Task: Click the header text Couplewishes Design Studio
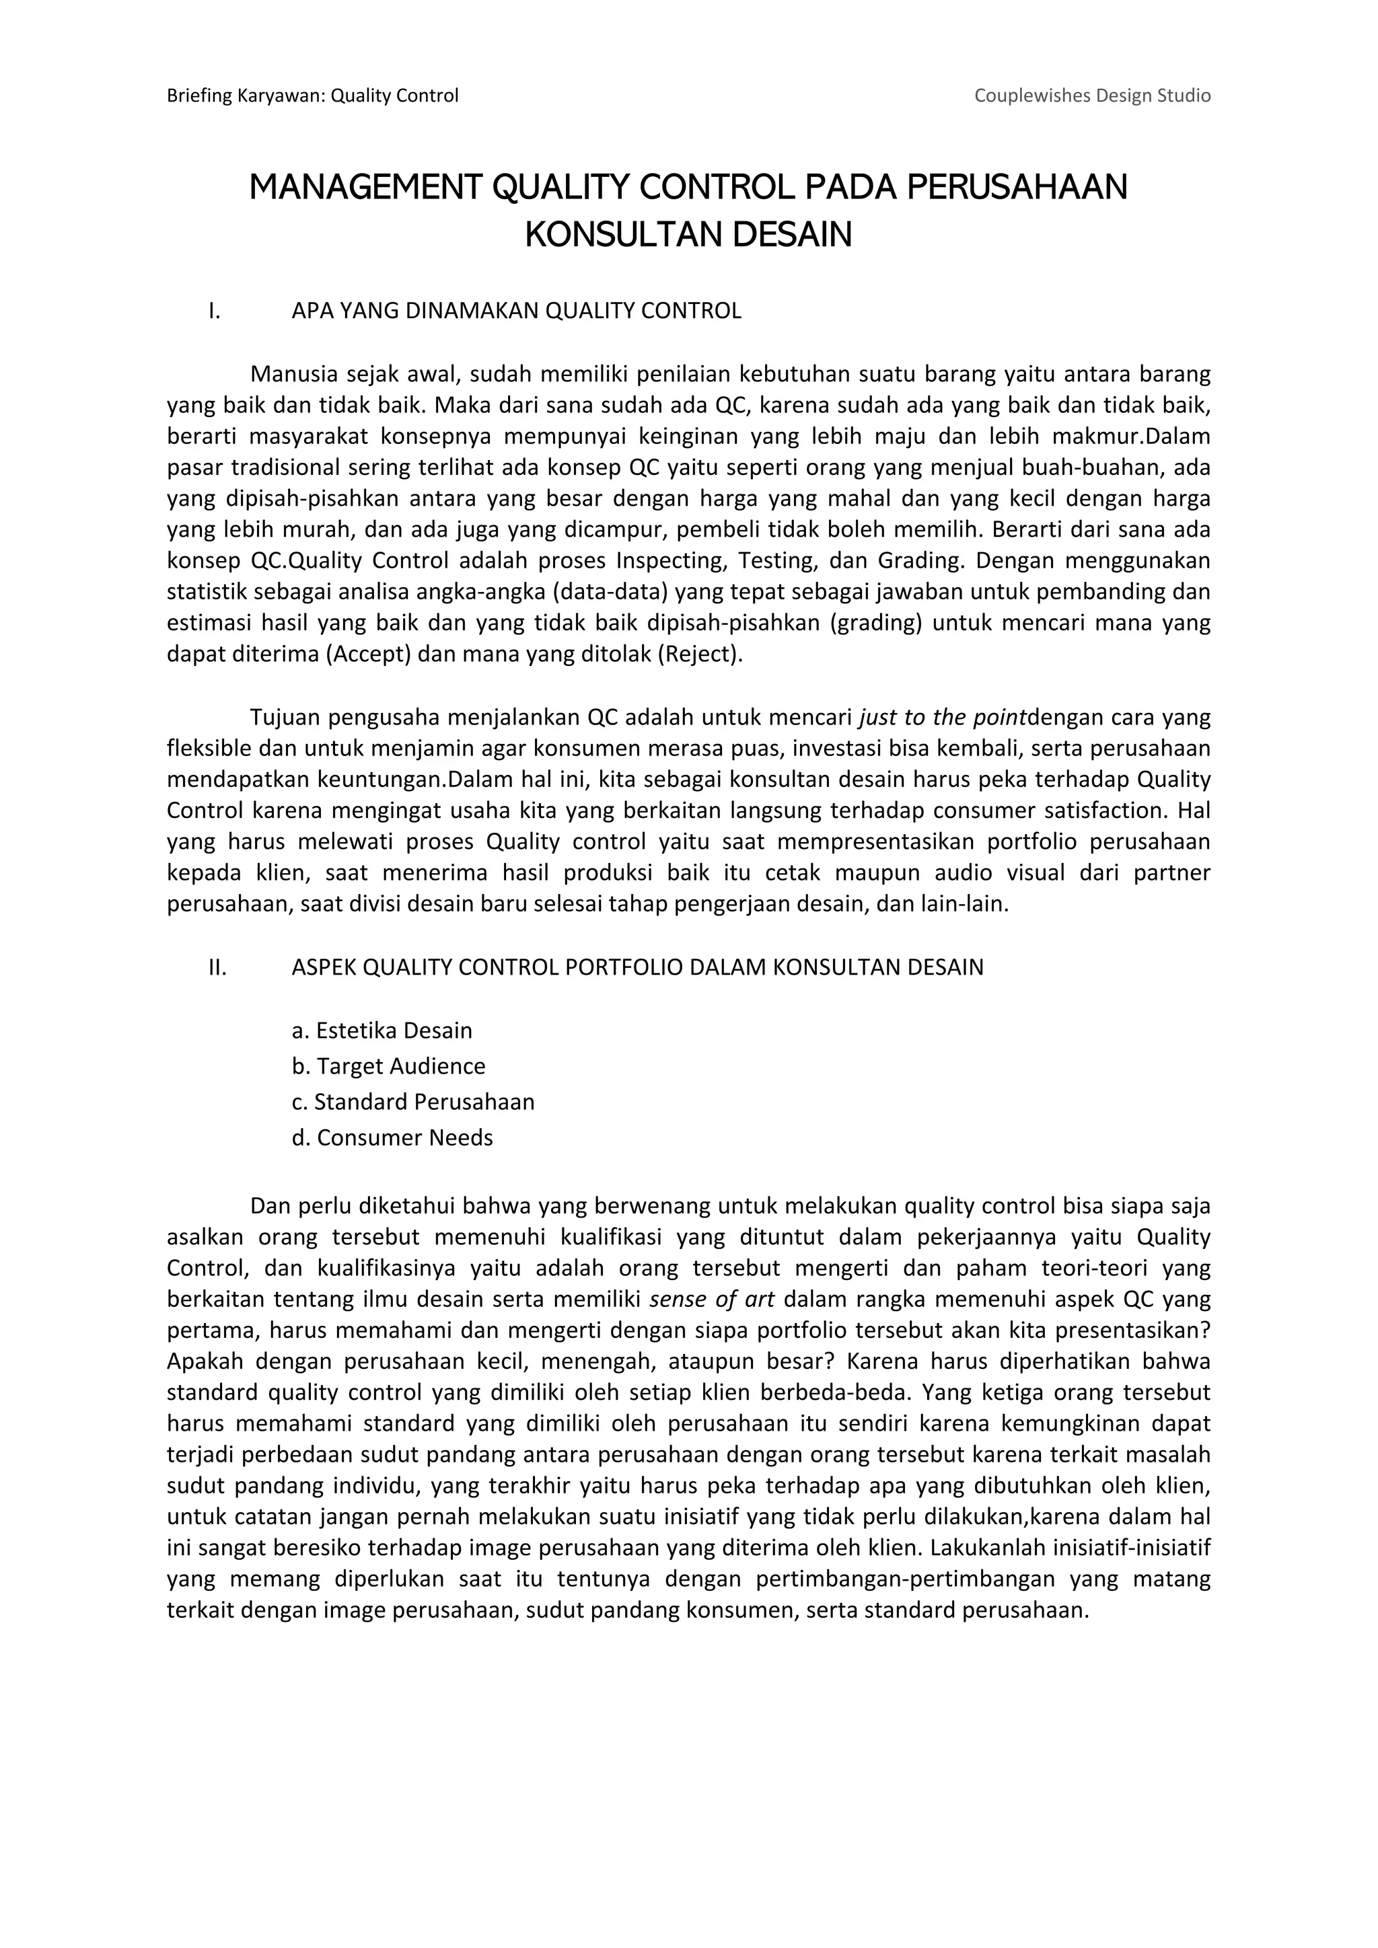point(1091,96)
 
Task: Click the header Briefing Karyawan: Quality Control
point(312,96)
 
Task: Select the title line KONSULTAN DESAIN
point(688,234)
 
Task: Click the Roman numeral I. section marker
point(215,311)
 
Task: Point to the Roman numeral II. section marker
point(217,967)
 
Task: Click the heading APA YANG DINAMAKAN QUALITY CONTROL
point(516,311)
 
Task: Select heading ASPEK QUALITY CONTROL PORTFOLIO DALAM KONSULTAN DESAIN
point(637,967)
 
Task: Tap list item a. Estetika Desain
point(382,1031)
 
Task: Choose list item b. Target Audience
point(389,1066)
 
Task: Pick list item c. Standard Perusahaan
point(413,1102)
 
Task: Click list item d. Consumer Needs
point(392,1137)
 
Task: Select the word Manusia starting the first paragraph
point(293,374)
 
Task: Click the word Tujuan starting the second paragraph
point(285,718)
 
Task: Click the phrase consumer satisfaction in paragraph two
point(1025,811)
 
